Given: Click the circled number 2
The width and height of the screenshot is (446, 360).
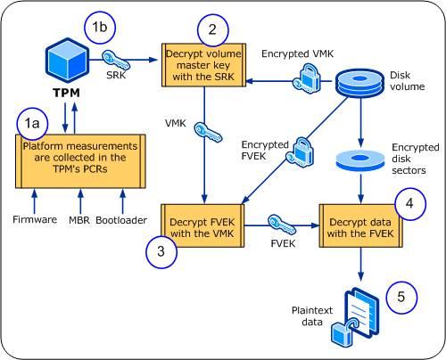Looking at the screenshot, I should pyautogui.click(x=211, y=29).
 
